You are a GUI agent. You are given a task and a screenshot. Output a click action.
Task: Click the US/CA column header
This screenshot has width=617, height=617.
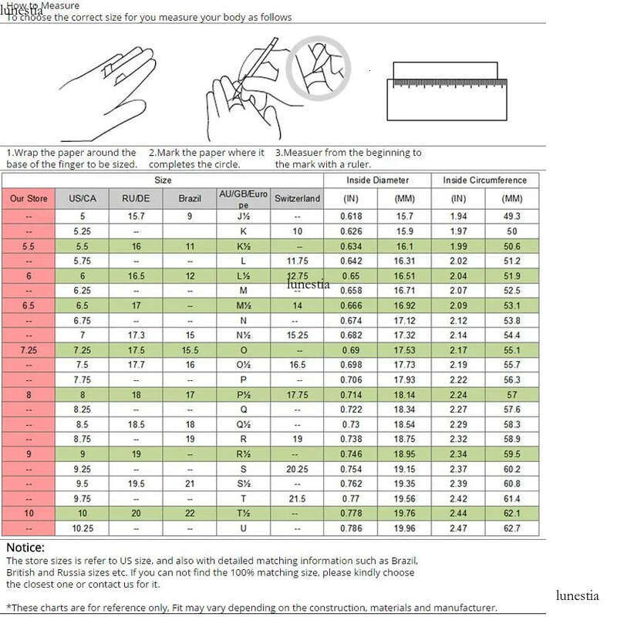pyautogui.click(x=83, y=198)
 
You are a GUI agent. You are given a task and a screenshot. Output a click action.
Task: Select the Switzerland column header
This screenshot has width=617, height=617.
pyautogui.click(x=297, y=198)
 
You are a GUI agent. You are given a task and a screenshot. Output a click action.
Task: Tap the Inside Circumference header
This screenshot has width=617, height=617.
pyautogui.click(x=484, y=180)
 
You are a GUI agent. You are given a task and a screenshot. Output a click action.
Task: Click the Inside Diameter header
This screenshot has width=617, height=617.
pyautogui.click(x=376, y=180)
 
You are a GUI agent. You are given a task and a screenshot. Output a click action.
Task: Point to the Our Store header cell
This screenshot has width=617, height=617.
pyautogui.click(x=29, y=198)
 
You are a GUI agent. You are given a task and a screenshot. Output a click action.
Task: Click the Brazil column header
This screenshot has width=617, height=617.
pyautogui.click(x=190, y=198)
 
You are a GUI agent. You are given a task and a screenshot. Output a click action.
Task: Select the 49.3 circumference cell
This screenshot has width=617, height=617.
pyautogui.click(x=512, y=217)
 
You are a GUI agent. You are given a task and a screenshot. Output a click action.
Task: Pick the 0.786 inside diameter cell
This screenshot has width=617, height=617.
pyautogui.click(x=351, y=528)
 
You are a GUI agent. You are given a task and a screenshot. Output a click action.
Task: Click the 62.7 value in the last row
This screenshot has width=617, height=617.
pyautogui.click(x=512, y=528)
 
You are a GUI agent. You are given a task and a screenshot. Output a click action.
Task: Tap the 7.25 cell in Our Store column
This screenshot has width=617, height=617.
pyautogui.click(x=29, y=350)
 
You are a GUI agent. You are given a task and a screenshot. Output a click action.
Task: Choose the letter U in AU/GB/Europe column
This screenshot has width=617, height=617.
pyautogui.click(x=243, y=528)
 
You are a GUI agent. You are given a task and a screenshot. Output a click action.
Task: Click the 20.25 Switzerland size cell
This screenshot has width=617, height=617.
pyautogui.click(x=297, y=469)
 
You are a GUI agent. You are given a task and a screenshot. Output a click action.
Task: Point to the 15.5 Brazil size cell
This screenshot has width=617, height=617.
pyautogui.click(x=190, y=350)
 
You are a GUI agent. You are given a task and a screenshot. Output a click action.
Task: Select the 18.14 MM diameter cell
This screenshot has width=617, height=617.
pyautogui.click(x=405, y=394)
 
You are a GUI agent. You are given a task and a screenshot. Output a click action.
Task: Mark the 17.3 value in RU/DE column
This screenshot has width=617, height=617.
pyautogui.click(x=136, y=335)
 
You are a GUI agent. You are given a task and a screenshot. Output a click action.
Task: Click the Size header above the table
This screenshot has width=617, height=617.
pyautogui.click(x=163, y=180)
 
